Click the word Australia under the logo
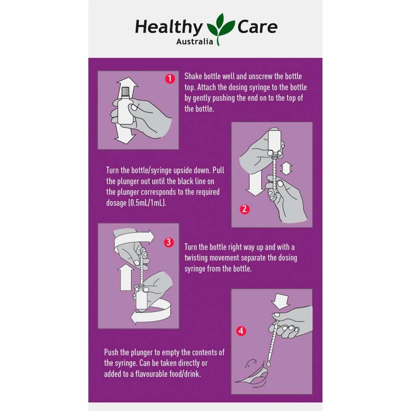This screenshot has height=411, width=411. [x=195, y=41]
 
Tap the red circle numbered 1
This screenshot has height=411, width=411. [x=170, y=79]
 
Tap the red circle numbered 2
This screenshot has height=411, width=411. [x=245, y=209]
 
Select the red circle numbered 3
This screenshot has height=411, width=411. [x=169, y=242]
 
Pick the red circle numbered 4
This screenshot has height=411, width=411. [x=241, y=331]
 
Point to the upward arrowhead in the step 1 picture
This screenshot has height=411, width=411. [x=127, y=82]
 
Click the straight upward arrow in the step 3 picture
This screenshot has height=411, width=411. [x=126, y=278]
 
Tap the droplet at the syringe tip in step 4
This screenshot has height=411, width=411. [x=268, y=363]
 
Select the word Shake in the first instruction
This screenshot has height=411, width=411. [x=194, y=76]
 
